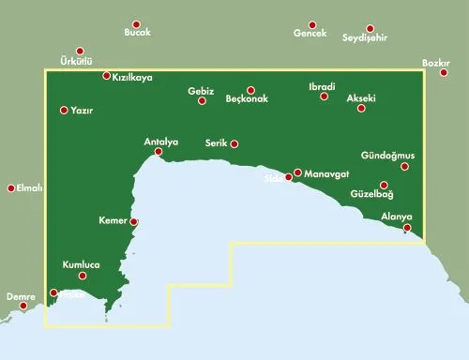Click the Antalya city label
pos(160,142)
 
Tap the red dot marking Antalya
pos(159,152)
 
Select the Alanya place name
pos(397,217)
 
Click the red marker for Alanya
pos(407,228)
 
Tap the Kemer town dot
pos(134,222)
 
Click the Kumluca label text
pos(81,265)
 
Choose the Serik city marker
pos(234,143)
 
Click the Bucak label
pos(137,34)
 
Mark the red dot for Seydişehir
pos(370,28)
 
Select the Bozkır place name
pos(437,63)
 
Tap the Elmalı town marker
pos(11,187)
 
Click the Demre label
pos(21,297)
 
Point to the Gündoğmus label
pos(394,155)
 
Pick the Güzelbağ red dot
pos(384,185)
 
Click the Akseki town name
pos(361,97)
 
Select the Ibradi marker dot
pos(324,97)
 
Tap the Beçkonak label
pos(248,98)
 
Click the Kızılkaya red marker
pos(106,76)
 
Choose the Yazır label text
pos(83,111)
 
